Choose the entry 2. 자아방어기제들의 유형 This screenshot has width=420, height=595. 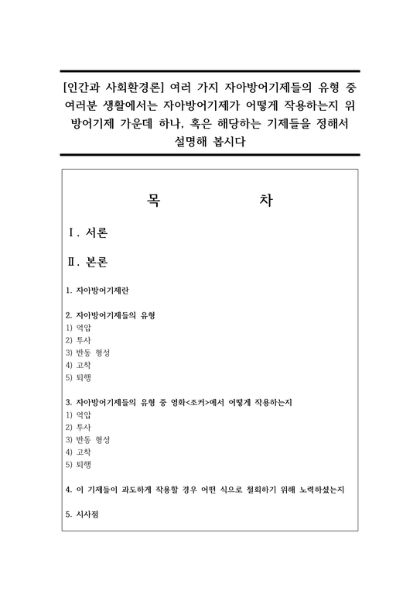click(111, 316)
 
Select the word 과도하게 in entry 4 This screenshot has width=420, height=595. click(134, 490)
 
